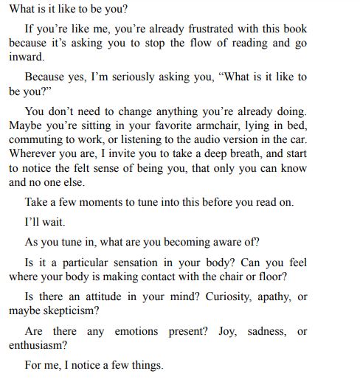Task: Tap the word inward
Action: [27, 56]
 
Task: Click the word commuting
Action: [36, 140]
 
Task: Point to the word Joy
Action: [227, 331]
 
